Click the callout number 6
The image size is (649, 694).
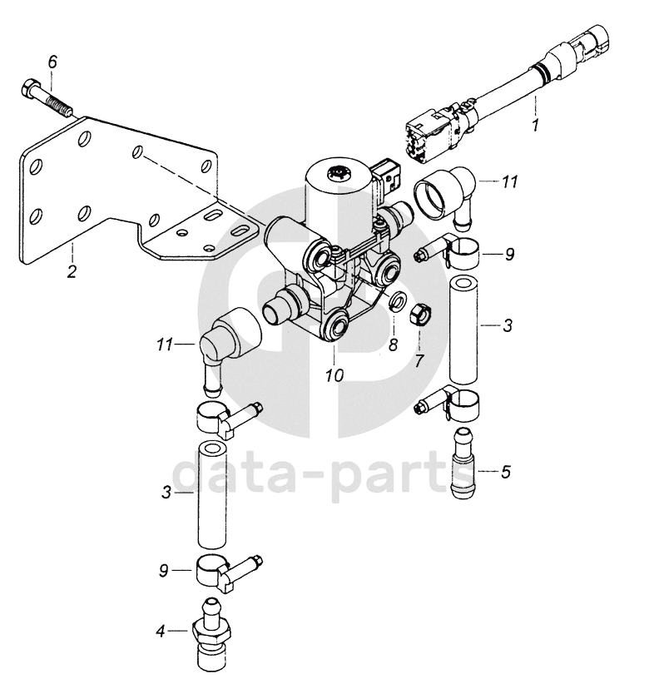point(52,62)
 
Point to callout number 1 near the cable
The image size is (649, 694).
point(536,126)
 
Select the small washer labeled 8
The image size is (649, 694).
point(397,301)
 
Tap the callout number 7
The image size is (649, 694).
point(420,361)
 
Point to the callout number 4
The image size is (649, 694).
point(160,632)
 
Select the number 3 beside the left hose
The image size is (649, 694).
point(166,494)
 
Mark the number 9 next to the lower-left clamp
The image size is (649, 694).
point(165,570)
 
